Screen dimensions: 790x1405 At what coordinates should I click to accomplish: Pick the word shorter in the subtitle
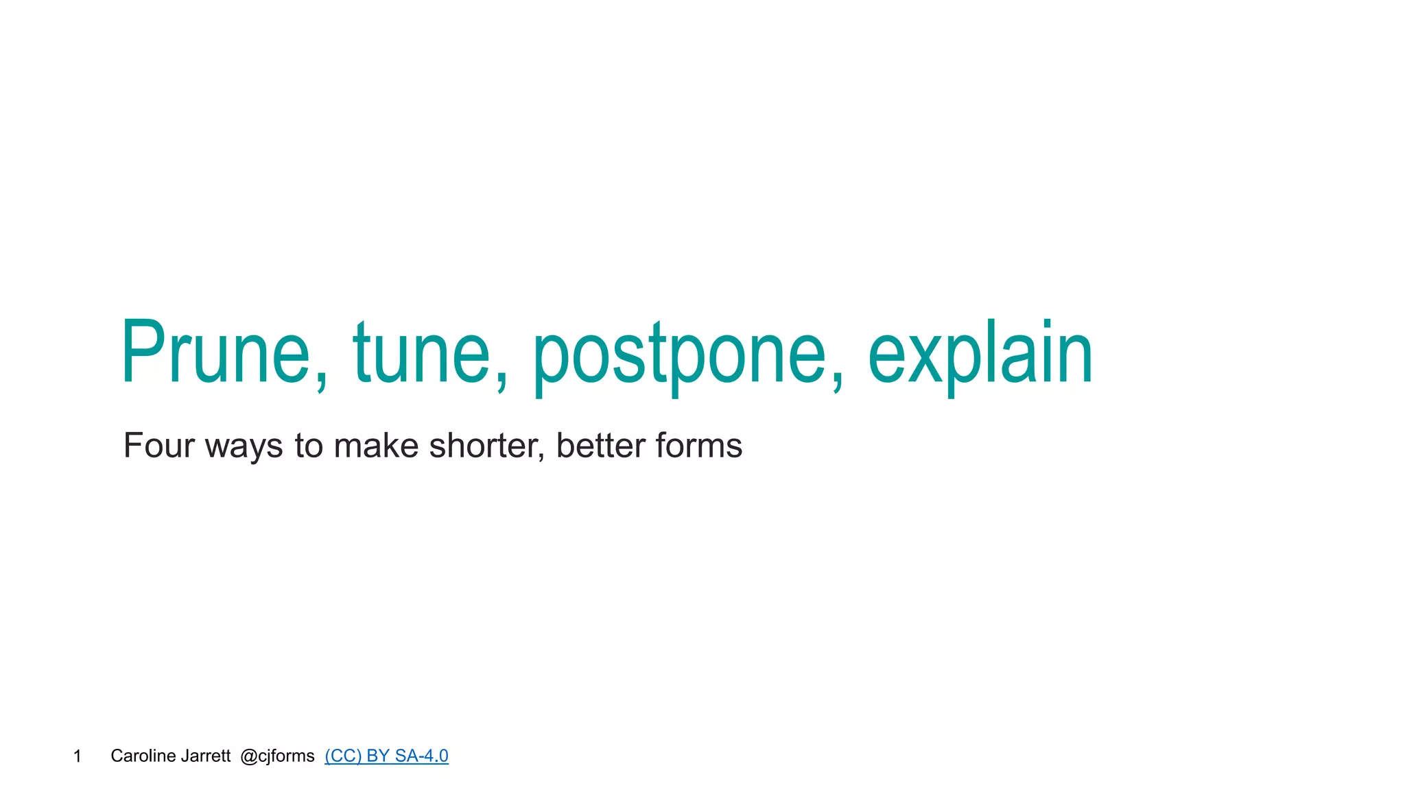pos(484,446)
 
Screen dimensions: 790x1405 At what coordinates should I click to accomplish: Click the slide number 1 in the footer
pos(78,756)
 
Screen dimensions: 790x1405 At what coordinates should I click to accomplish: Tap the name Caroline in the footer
pos(143,756)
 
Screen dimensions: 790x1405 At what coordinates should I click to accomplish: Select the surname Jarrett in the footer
pos(206,756)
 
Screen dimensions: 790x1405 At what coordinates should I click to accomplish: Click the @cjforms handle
pos(277,756)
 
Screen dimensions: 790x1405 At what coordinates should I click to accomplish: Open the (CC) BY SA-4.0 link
pos(386,756)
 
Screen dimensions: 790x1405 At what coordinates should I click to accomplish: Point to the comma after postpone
pos(838,381)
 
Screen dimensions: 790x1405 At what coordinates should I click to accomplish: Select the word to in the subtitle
pos(308,446)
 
